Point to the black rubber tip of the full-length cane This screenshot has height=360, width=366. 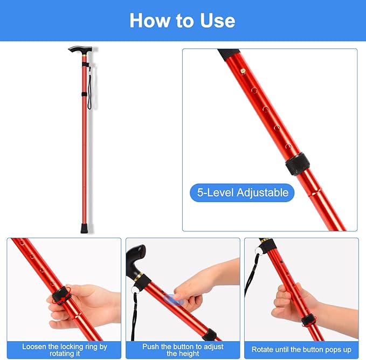[x=85, y=227]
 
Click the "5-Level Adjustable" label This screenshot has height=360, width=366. [x=242, y=192]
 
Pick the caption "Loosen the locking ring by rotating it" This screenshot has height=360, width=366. [x=65, y=350]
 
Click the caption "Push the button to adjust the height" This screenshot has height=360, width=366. [x=183, y=350]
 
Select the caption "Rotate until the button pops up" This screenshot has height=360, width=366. [x=301, y=350]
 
